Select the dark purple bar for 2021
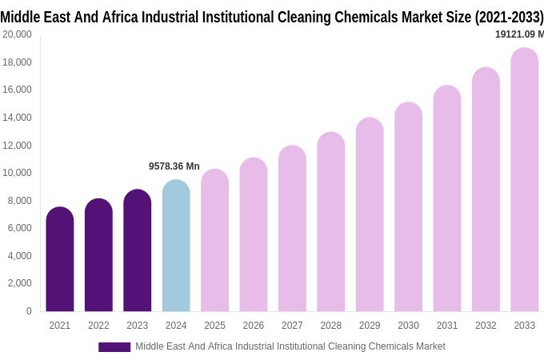point(60,259)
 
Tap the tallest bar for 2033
point(524,180)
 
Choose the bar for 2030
point(408,207)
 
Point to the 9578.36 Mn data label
point(174,166)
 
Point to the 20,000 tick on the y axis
point(17,34)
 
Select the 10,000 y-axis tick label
point(17,173)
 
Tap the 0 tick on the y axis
point(29,311)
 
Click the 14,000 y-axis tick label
point(17,118)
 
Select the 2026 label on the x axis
point(253,326)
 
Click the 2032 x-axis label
point(486,326)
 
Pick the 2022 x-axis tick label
point(98,326)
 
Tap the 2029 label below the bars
point(370,326)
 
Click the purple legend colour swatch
point(114,346)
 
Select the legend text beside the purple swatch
point(290,346)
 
